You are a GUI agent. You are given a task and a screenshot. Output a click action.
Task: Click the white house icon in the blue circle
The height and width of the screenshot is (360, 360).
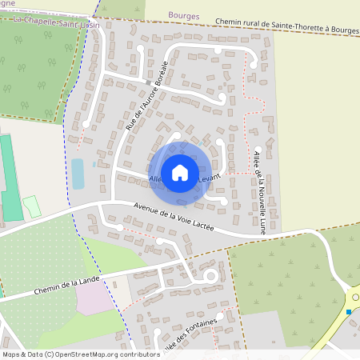pos(180,172)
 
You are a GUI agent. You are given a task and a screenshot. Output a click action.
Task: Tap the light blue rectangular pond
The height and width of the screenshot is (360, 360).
pos(77,174)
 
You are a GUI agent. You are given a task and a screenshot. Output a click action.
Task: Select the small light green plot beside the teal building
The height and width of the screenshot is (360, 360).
pos(32,206)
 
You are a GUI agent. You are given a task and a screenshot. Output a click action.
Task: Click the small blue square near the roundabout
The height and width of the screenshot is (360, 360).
pos(350,312)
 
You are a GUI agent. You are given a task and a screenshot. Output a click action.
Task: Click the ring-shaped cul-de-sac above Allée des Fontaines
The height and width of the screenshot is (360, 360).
pos(211,277)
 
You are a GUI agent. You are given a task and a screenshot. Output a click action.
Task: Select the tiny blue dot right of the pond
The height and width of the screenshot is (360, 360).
pos(94,164)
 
